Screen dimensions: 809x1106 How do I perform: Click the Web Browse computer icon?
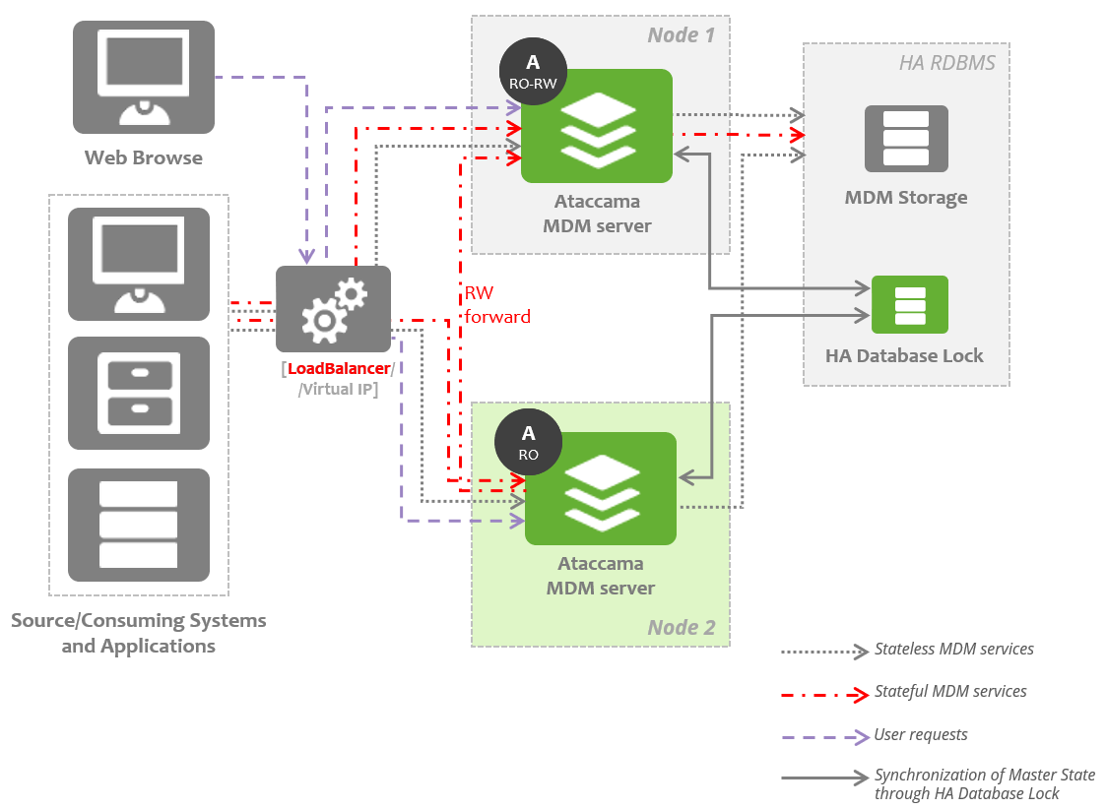click(x=143, y=78)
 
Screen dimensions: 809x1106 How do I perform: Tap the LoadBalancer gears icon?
click(x=333, y=309)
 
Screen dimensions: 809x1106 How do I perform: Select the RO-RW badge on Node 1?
click(x=533, y=72)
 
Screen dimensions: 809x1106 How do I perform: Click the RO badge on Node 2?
click(x=529, y=442)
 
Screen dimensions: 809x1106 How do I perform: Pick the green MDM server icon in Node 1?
click(x=597, y=126)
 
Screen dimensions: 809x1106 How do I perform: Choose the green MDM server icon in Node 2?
click(x=601, y=489)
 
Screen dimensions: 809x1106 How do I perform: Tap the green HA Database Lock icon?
click(x=910, y=304)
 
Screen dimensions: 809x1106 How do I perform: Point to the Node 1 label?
click(x=681, y=35)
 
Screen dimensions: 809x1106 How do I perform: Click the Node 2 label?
click(x=682, y=627)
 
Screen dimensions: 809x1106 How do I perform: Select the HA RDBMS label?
click(x=946, y=63)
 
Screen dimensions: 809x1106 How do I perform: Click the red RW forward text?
click(x=496, y=305)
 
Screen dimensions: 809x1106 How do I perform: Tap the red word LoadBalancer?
click(x=339, y=369)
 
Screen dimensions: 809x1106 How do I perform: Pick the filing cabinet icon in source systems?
click(x=139, y=393)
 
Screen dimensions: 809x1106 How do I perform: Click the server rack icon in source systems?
click(x=139, y=525)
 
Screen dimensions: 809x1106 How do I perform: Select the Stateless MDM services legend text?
click(x=953, y=650)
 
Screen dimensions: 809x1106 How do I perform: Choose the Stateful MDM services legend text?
click(x=949, y=692)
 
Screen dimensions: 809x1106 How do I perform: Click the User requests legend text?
click(x=920, y=735)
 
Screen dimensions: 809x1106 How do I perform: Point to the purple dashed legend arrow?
click(x=822, y=736)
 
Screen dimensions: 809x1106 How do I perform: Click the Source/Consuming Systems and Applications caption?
click(x=139, y=633)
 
